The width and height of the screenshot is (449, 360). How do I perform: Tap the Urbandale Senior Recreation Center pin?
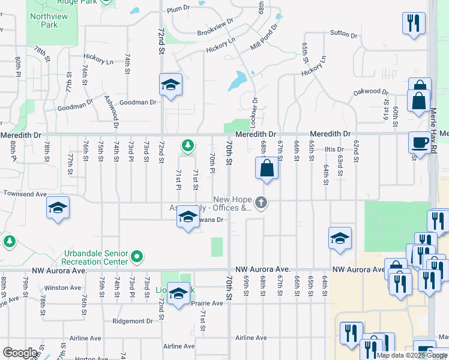pos(137,257)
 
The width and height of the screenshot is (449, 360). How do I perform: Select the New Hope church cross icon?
pos(261,203)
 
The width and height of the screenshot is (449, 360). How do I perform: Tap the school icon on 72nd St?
pos(170,85)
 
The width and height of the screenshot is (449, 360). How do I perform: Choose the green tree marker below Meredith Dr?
pos(188,145)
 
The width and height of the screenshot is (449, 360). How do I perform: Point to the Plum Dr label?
pos(178,10)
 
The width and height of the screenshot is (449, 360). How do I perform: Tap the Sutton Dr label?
pos(343,34)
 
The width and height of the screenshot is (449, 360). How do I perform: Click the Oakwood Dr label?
pos(367,91)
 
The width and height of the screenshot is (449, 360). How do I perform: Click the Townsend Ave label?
pos(25,194)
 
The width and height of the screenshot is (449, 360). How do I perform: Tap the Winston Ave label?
pos(66,287)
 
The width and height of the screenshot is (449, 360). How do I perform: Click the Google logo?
pos(20,353)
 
